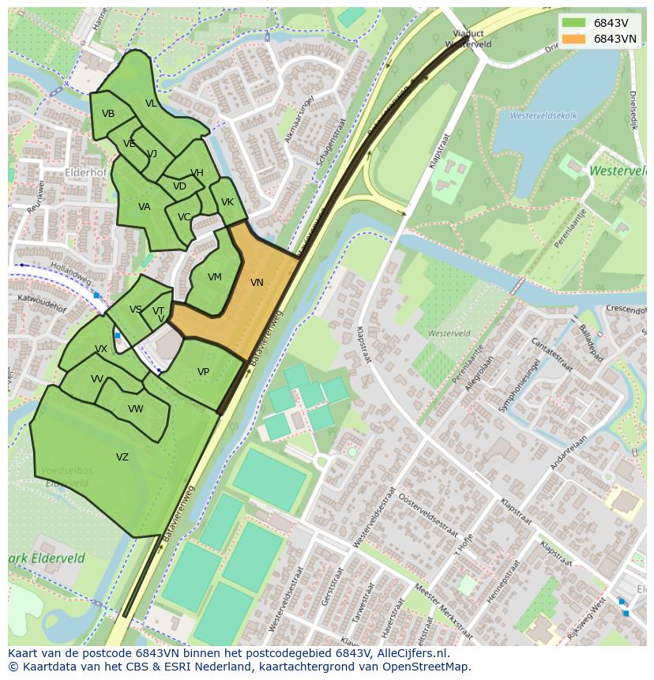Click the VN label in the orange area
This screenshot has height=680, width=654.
[x=257, y=283]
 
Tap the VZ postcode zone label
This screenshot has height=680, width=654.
[x=122, y=457]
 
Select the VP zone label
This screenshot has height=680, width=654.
[x=203, y=372]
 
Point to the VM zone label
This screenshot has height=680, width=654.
[x=214, y=277]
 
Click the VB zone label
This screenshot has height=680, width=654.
[x=108, y=114]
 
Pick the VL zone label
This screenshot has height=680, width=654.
[x=151, y=103]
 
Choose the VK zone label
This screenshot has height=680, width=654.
[x=227, y=202]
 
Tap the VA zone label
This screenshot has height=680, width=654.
[x=144, y=207]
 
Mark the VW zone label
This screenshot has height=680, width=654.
[x=136, y=409]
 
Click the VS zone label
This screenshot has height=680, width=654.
[x=136, y=310]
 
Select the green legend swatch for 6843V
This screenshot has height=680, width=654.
[x=573, y=23]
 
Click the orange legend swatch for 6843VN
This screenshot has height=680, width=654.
[x=573, y=39]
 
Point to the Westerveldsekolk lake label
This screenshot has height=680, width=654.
[x=543, y=116]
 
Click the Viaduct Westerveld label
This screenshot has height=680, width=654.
[x=472, y=39]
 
